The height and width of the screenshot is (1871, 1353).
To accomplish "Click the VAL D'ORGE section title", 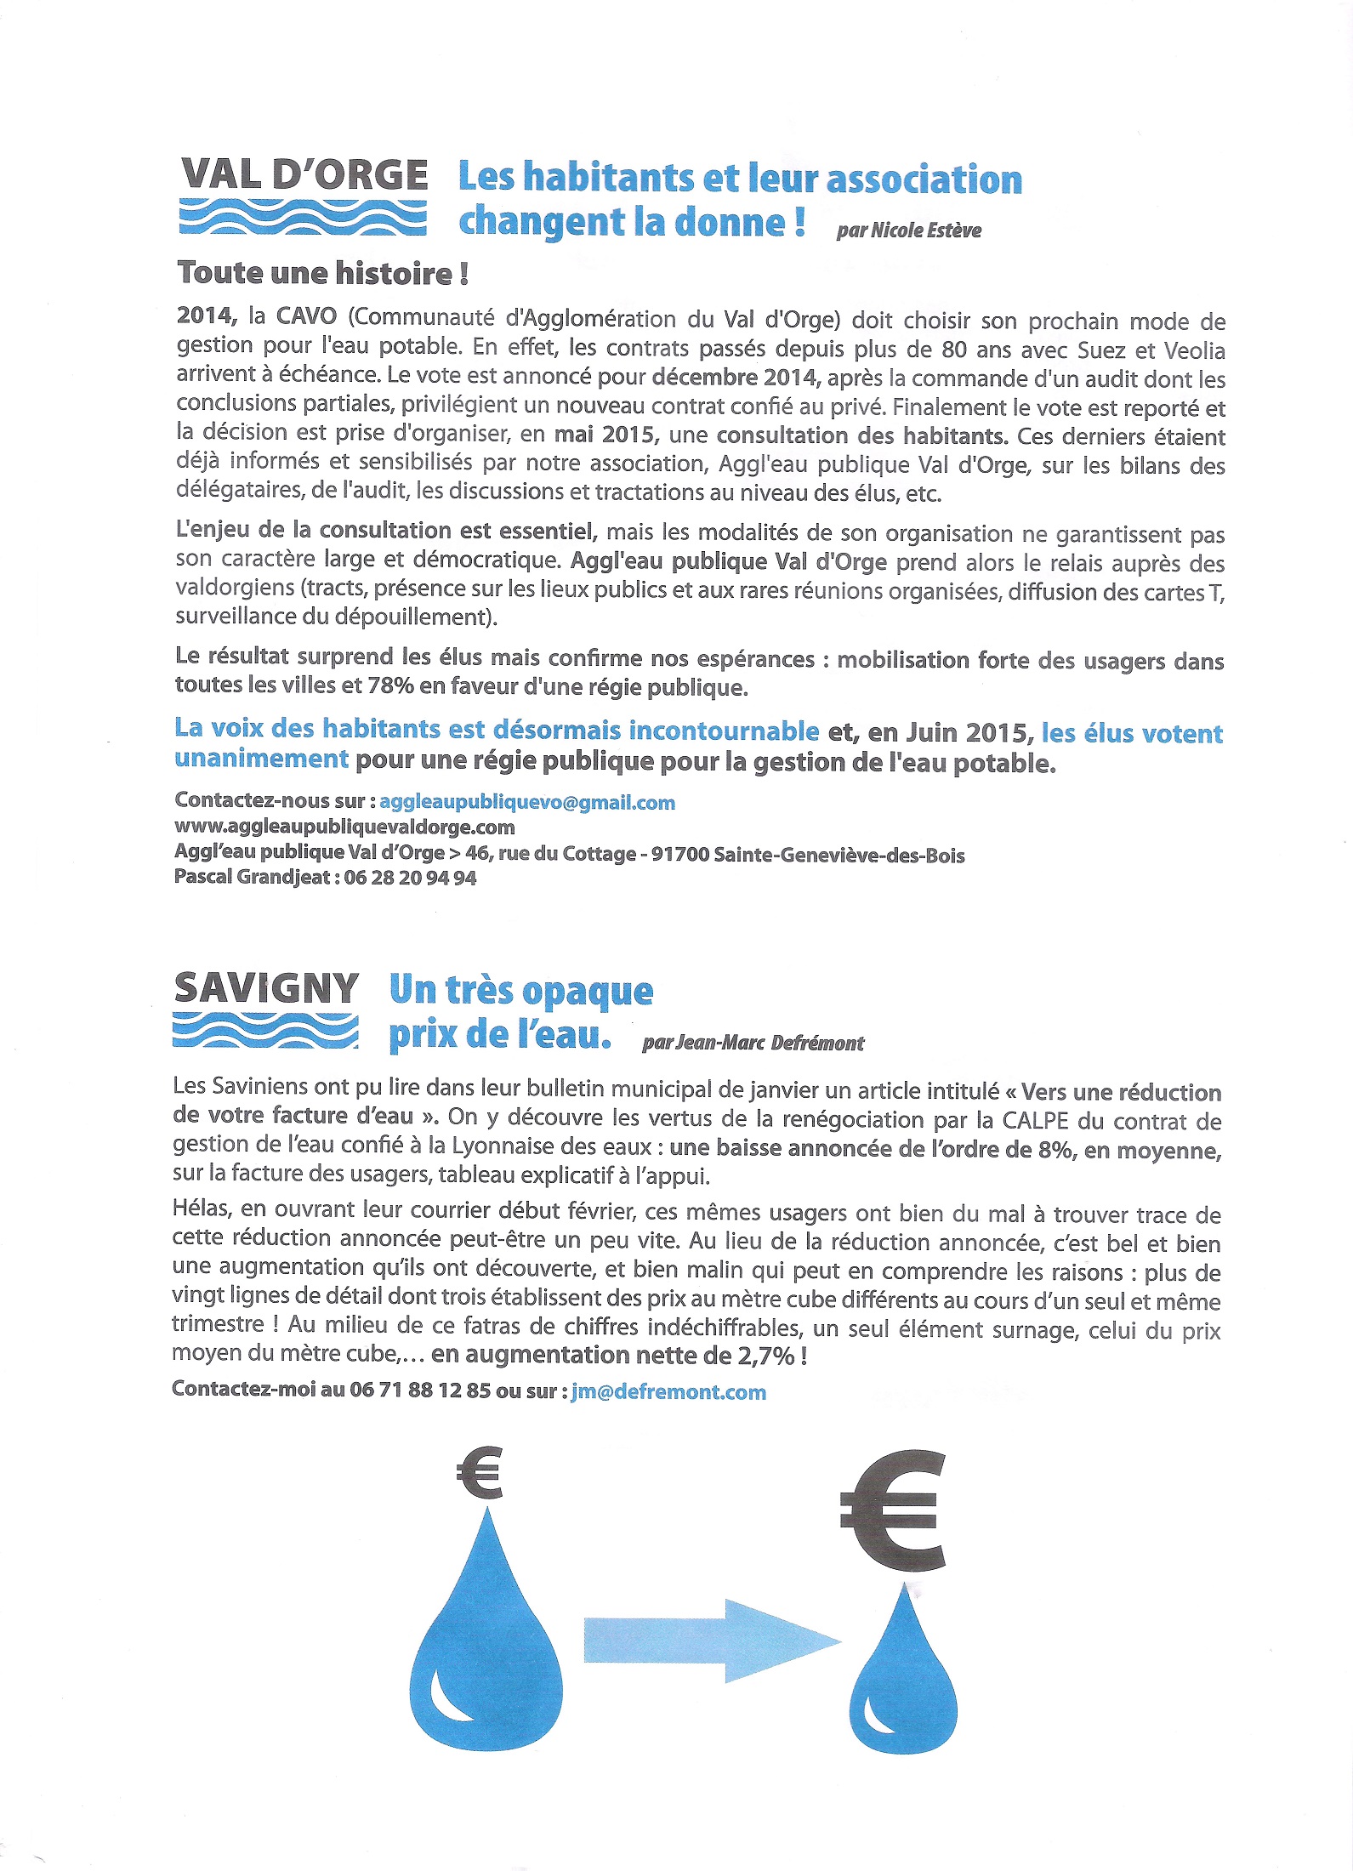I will [x=304, y=175].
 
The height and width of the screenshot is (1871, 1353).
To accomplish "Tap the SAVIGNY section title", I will [x=266, y=988].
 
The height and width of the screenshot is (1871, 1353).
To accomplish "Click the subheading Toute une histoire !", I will [x=323, y=273].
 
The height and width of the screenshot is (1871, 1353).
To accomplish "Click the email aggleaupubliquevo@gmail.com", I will [x=527, y=802].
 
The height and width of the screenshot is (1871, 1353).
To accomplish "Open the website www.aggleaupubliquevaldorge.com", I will [x=344, y=827].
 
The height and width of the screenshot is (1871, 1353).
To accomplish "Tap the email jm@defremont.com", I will [x=668, y=1392].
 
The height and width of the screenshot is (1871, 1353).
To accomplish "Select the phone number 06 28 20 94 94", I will [x=410, y=878].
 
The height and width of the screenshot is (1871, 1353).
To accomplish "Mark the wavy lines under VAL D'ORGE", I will [x=303, y=218].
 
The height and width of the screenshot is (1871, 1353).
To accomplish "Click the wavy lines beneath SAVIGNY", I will [x=265, y=1030].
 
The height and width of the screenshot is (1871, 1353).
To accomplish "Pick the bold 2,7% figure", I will [x=765, y=1356].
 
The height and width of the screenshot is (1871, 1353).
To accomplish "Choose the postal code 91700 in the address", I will [x=679, y=855].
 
